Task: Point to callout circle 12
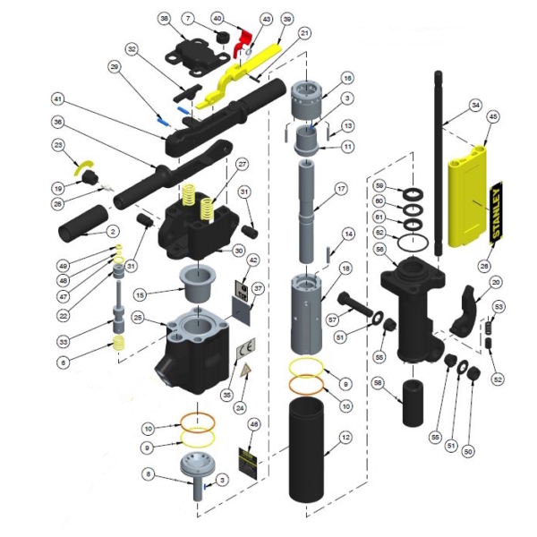tap(345, 438)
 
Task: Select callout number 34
tap(475, 105)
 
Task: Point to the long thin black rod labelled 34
tap(440, 161)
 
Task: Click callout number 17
tap(341, 189)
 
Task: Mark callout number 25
tap(137, 317)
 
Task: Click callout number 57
tap(333, 318)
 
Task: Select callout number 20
tap(497, 282)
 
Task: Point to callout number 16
tap(347, 77)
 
